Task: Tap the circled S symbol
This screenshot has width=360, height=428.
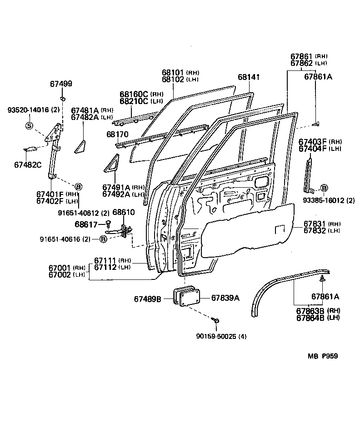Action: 29,125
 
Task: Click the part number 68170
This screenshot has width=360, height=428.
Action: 117,134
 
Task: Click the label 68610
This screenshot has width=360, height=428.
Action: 123,212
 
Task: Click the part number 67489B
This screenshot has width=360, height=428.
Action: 148,299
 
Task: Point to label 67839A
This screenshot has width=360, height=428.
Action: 225,298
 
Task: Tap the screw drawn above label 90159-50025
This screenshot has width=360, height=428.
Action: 216,321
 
